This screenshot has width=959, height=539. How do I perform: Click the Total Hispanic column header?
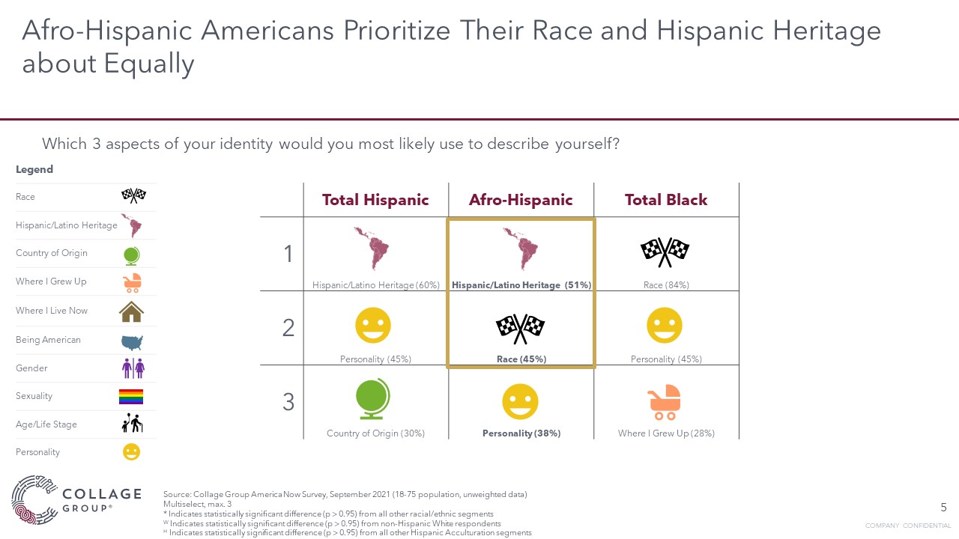[375, 200]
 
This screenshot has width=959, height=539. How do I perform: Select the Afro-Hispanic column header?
[521, 200]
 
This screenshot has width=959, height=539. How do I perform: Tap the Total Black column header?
[666, 200]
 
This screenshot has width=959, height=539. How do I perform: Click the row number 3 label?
[288, 402]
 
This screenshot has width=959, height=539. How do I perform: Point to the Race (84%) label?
[666, 285]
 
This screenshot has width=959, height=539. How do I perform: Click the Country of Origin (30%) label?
[375, 433]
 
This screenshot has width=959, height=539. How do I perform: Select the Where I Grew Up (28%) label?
[666, 433]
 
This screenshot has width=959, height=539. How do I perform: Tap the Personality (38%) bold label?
[521, 433]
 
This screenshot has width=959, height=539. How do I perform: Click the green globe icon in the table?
[373, 401]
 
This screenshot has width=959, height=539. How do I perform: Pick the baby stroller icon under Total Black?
[665, 402]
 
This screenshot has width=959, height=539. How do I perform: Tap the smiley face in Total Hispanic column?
[373, 326]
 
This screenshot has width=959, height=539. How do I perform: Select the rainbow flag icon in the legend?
[131, 396]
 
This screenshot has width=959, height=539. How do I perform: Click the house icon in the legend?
[131, 311]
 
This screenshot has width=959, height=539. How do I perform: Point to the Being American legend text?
[48, 340]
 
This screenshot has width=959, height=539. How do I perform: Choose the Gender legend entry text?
[31, 368]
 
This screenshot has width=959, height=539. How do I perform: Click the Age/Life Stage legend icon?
[131, 424]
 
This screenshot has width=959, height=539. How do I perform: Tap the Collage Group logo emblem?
[33, 499]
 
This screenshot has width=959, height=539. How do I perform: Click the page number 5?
[943, 508]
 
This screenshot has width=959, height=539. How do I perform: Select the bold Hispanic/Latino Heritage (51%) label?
[521, 285]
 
